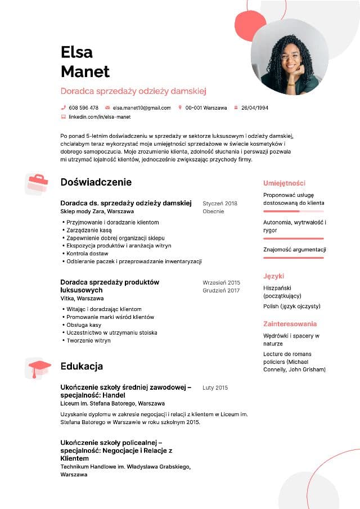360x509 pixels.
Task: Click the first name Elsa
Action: [x=76, y=52]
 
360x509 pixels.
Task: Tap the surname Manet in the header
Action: [x=85, y=71]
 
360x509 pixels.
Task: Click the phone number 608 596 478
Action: [x=83, y=107]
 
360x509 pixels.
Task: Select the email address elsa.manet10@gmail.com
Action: [x=141, y=107]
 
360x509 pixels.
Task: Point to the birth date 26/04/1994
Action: [x=255, y=107]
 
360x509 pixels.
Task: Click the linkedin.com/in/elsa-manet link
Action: [x=99, y=117]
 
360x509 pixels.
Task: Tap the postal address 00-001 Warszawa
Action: [x=206, y=107]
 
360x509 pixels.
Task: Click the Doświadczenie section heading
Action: [x=96, y=182]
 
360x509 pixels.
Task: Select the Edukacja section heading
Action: [x=82, y=366]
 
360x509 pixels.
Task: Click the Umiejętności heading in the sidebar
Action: [x=284, y=183]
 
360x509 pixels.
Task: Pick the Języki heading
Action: [x=273, y=276]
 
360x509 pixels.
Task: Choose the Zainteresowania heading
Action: [x=290, y=324]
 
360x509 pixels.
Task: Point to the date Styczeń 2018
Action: [x=220, y=204]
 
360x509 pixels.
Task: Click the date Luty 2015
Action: [x=215, y=388]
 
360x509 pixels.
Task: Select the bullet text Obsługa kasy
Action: [x=84, y=325]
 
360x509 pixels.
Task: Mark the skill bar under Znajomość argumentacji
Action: [x=293, y=258]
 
